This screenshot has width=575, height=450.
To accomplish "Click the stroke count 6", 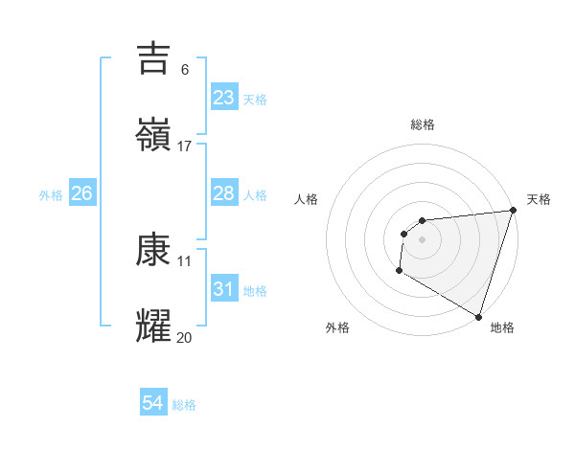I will (x=184, y=70).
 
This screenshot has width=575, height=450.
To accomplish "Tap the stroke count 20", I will (x=184, y=337).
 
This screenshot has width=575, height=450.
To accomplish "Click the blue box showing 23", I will (x=224, y=98).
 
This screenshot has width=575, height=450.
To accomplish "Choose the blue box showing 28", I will (x=224, y=193).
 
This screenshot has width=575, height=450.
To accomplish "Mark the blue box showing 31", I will (x=224, y=288).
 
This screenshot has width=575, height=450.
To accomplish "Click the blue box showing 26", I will (x=81, y=193).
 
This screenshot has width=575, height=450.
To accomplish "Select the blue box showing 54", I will (x=153, y=404).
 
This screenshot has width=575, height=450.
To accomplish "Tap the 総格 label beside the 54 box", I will (x=184, y=405).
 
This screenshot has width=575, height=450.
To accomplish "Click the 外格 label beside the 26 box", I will (x=51, y=194).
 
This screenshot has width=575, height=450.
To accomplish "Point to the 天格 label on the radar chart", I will (x=539, y=199).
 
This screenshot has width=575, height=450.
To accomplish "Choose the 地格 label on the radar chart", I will (x=502, y=327).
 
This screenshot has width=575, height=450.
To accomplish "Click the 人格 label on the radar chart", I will (x=307, y=199).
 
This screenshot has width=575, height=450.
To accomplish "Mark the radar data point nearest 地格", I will (x=478, y=315).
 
